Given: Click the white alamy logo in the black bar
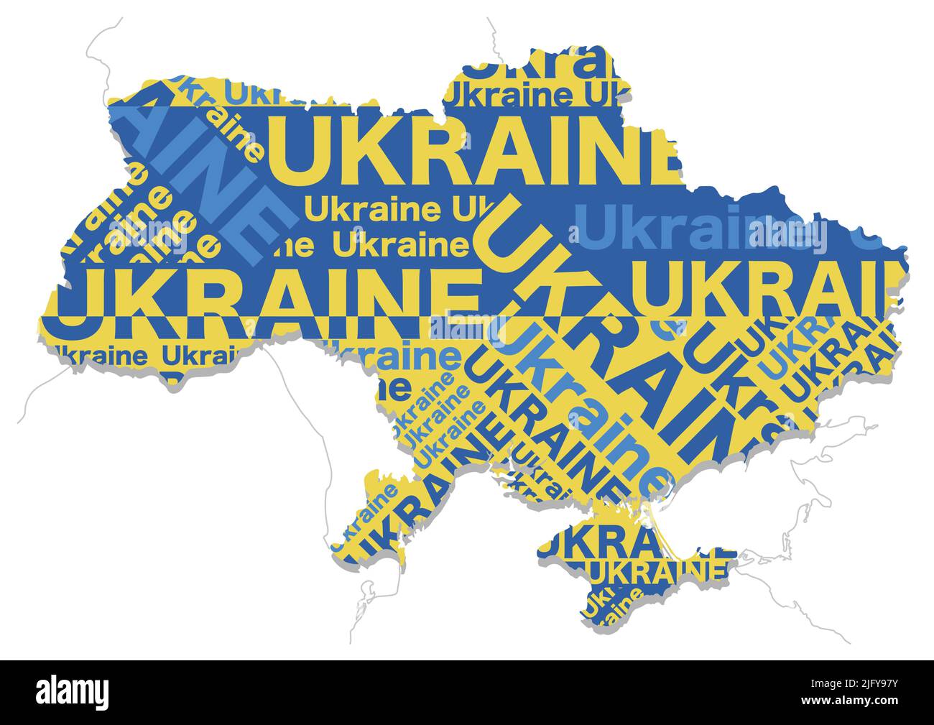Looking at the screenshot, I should click(x=73, y=691).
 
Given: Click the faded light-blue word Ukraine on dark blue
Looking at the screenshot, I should click(x=700, y=228).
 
